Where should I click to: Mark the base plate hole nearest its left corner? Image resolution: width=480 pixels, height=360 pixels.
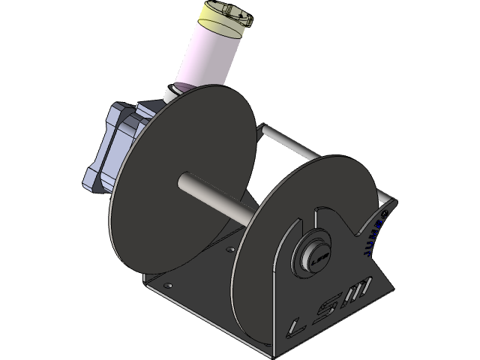point(166,285)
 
